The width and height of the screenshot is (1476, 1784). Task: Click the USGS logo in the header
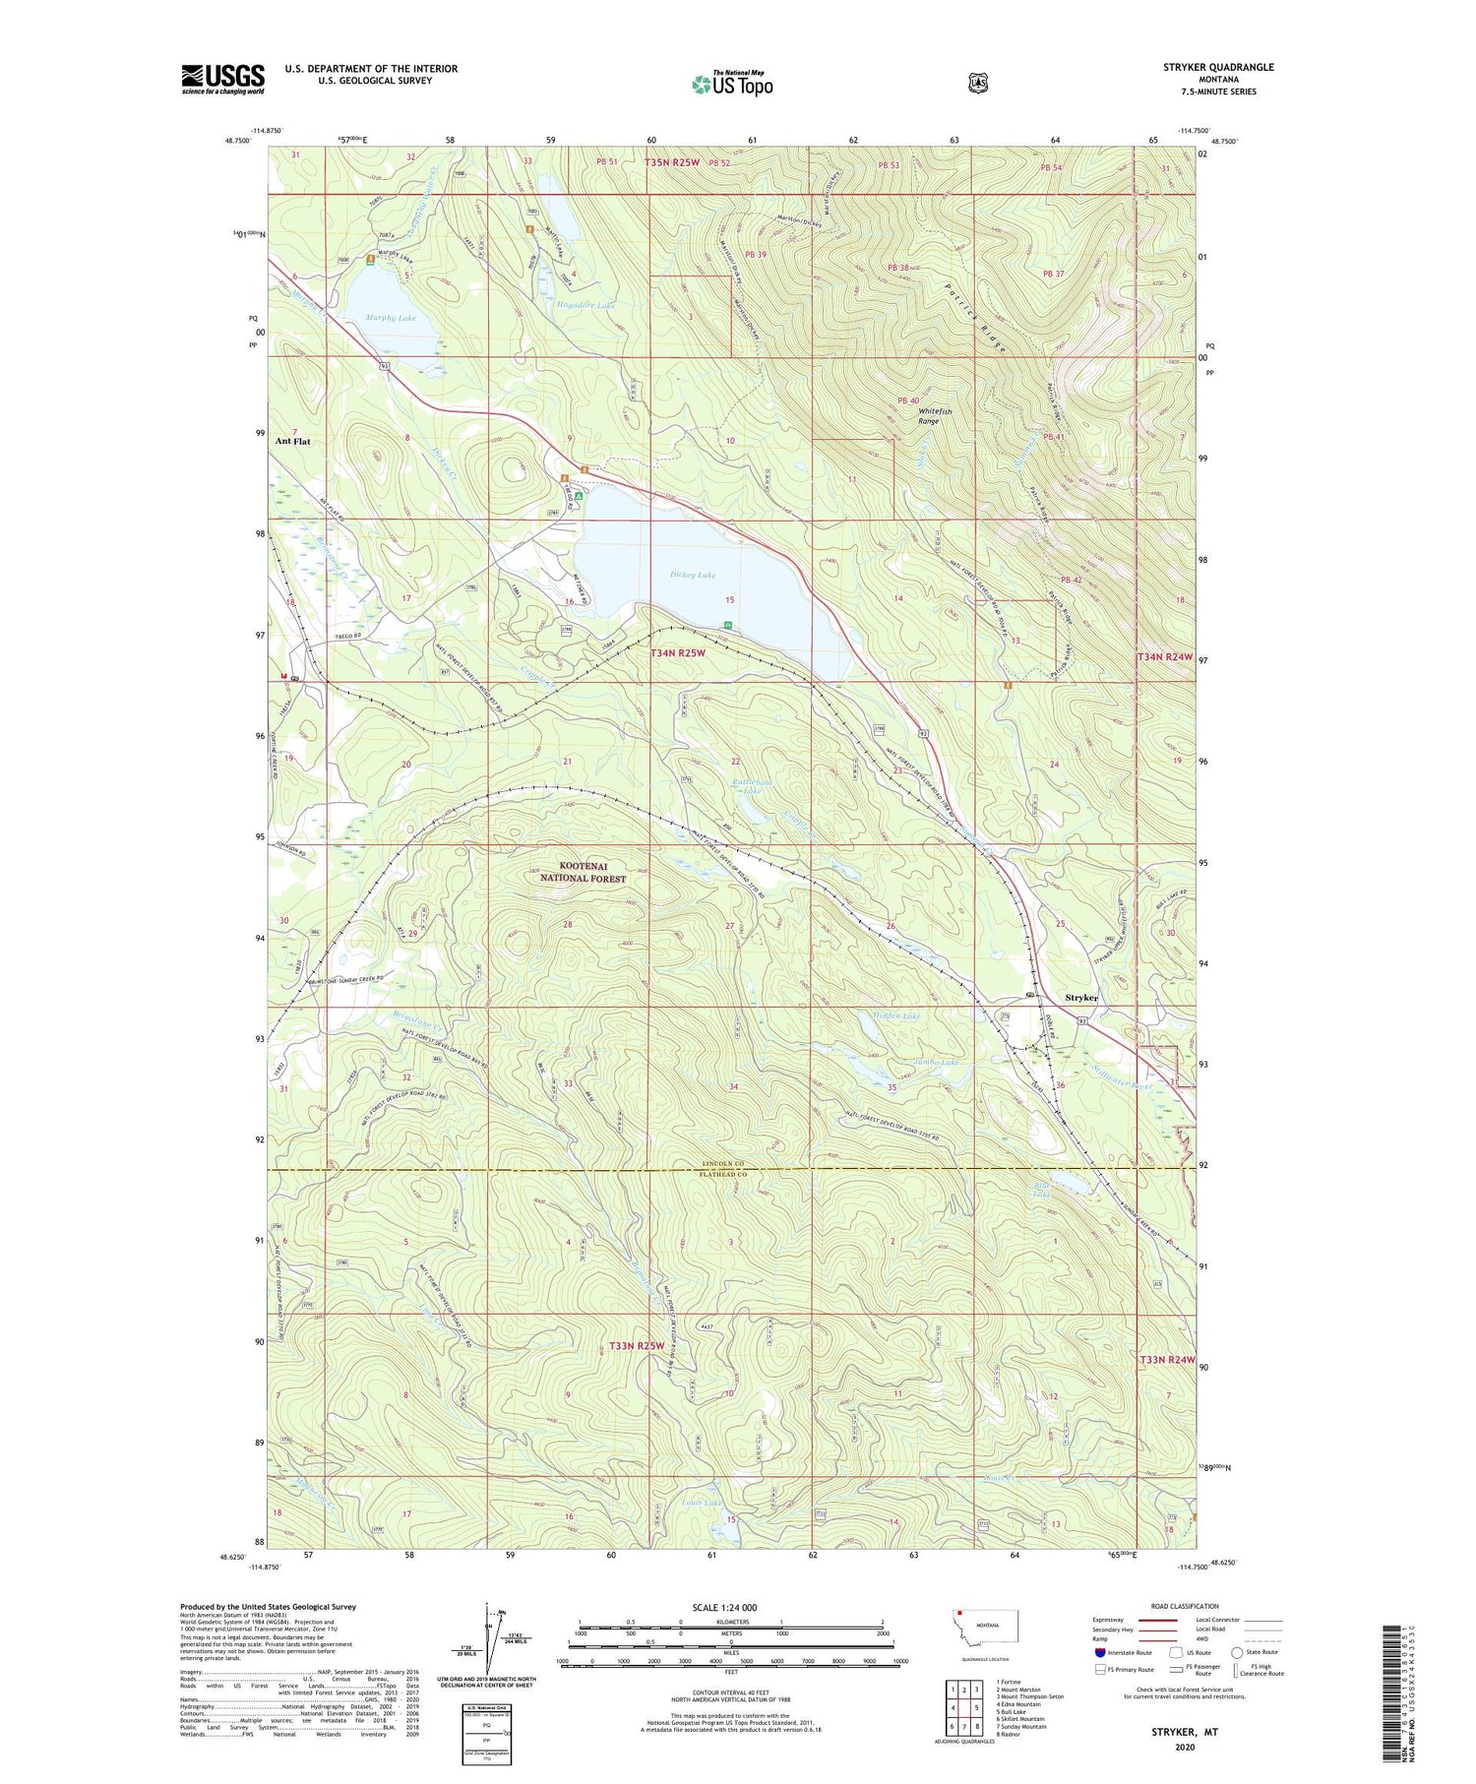(222, 79)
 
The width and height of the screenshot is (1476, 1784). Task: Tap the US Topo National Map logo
(732, 84)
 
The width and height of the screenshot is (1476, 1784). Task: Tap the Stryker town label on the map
(1081, 998)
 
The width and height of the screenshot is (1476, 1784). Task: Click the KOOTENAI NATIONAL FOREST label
(583, 872)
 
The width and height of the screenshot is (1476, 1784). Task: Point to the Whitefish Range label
(928, 415)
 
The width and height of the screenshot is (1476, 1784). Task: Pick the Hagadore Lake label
(585, 306)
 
